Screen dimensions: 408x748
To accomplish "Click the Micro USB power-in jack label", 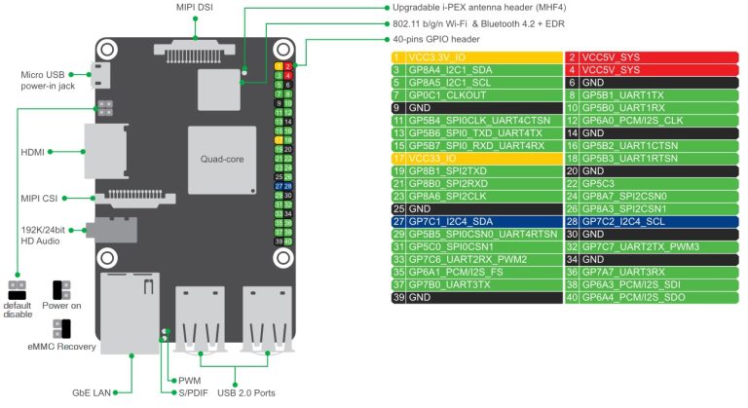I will click(x=49, y=79).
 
